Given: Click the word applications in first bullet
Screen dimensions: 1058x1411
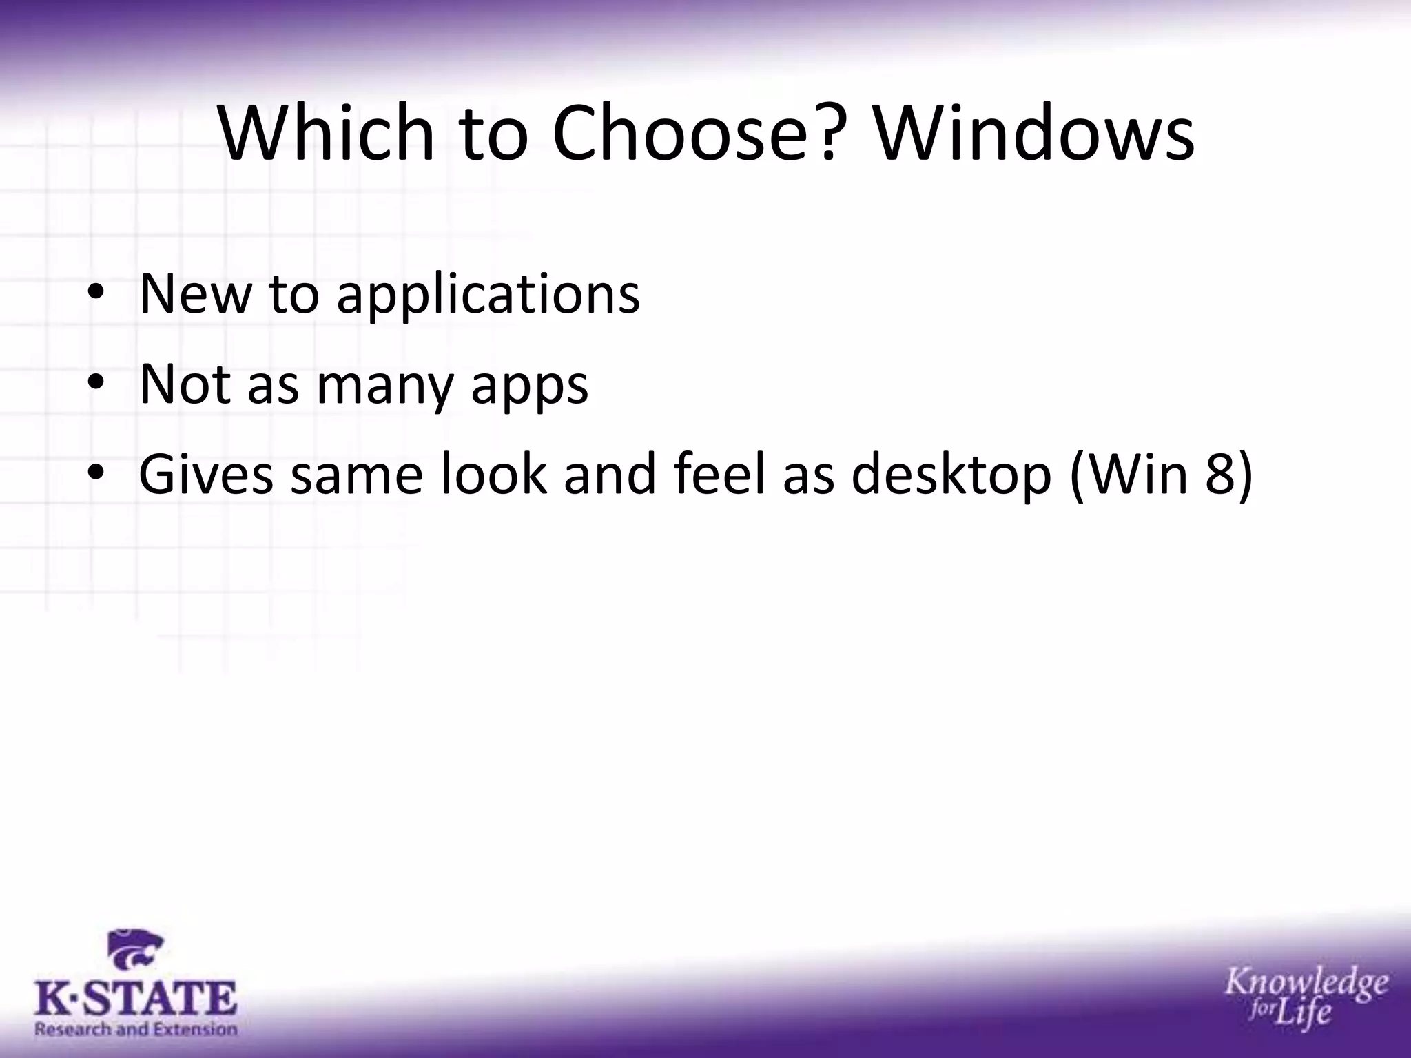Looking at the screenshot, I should [488, 295].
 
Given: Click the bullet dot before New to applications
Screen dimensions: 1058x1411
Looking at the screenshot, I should [96, 295].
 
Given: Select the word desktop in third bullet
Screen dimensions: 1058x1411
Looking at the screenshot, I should [951, 475].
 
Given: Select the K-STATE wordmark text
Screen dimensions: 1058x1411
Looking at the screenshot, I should [135, 999].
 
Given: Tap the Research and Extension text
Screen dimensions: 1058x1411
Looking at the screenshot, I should [136, 1030].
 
